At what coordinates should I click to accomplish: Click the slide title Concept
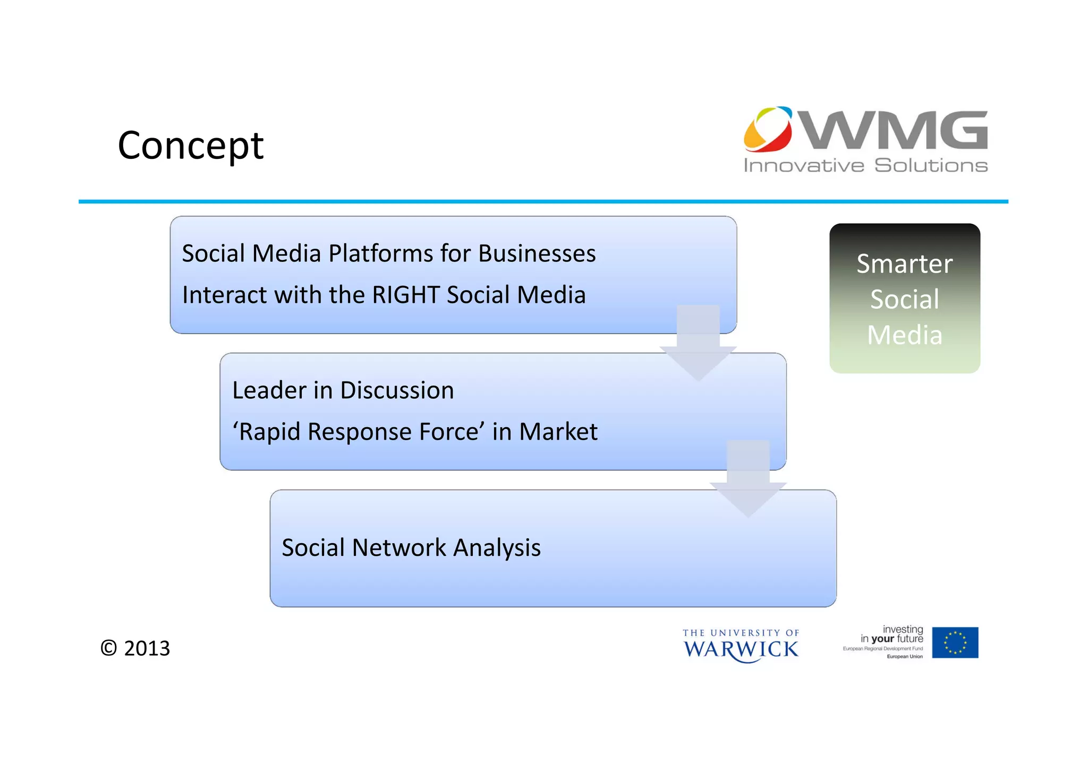[x=190, y=145]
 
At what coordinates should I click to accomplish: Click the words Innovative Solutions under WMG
[x=865, y=165]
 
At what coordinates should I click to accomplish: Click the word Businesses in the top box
[x=537, y=253]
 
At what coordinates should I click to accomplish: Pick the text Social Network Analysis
[x=411, y=547]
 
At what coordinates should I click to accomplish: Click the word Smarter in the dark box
[x=904, y=264]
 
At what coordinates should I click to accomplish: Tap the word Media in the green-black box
[x=904, y=335]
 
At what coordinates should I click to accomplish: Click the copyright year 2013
[x=147, y=648]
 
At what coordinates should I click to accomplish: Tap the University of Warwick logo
[x=741, y=646]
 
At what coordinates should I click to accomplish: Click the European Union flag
[x=955, y=643]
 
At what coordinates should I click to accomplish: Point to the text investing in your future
[x=892, y=634]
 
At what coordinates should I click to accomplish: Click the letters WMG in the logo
[x=894, y=130]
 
